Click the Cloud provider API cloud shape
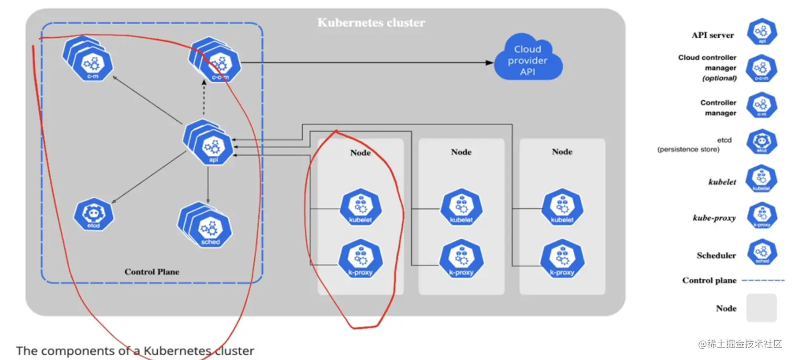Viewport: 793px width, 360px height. tap(527, 60)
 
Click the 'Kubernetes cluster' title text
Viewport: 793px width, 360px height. tap(371, 23)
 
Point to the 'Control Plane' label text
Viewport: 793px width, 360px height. tap(152, 272)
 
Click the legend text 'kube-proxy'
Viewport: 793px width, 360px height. tap(714, 218)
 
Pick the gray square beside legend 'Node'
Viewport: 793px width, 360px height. tap(762, 308)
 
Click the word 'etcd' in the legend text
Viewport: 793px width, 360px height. tap(724, 140)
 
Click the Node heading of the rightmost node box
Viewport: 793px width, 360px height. tap(562, 152)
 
